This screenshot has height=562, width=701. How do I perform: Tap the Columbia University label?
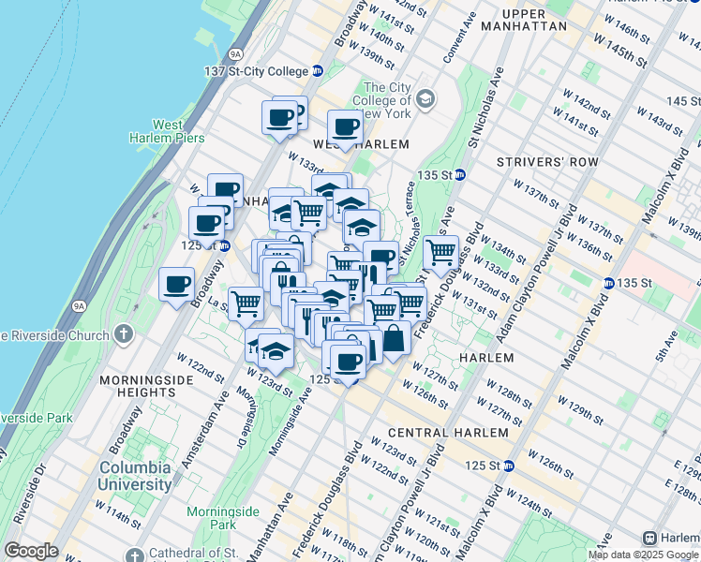click(137, 476)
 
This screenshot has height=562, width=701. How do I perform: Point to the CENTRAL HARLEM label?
click(448, 433)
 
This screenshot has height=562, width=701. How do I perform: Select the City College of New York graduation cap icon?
click(426, 98)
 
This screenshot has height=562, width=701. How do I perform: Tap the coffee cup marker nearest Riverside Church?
click(176, 285)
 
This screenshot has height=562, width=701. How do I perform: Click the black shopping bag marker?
click(394, 339)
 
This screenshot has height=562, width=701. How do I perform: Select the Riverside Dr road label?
click(30, 496)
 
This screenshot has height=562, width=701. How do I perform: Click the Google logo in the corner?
click(31, 551)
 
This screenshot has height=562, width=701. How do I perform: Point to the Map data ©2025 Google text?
click(642, 555)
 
